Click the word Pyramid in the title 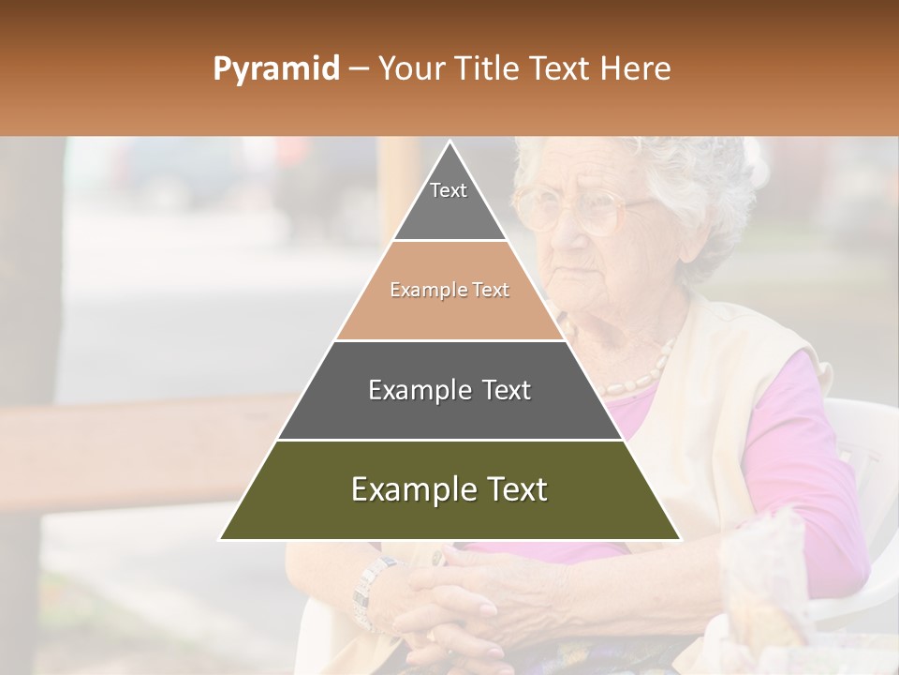click(275, 69)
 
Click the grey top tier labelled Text click(449, 202)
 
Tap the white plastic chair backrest click(852, 441)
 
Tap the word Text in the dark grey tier click(501, 390)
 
